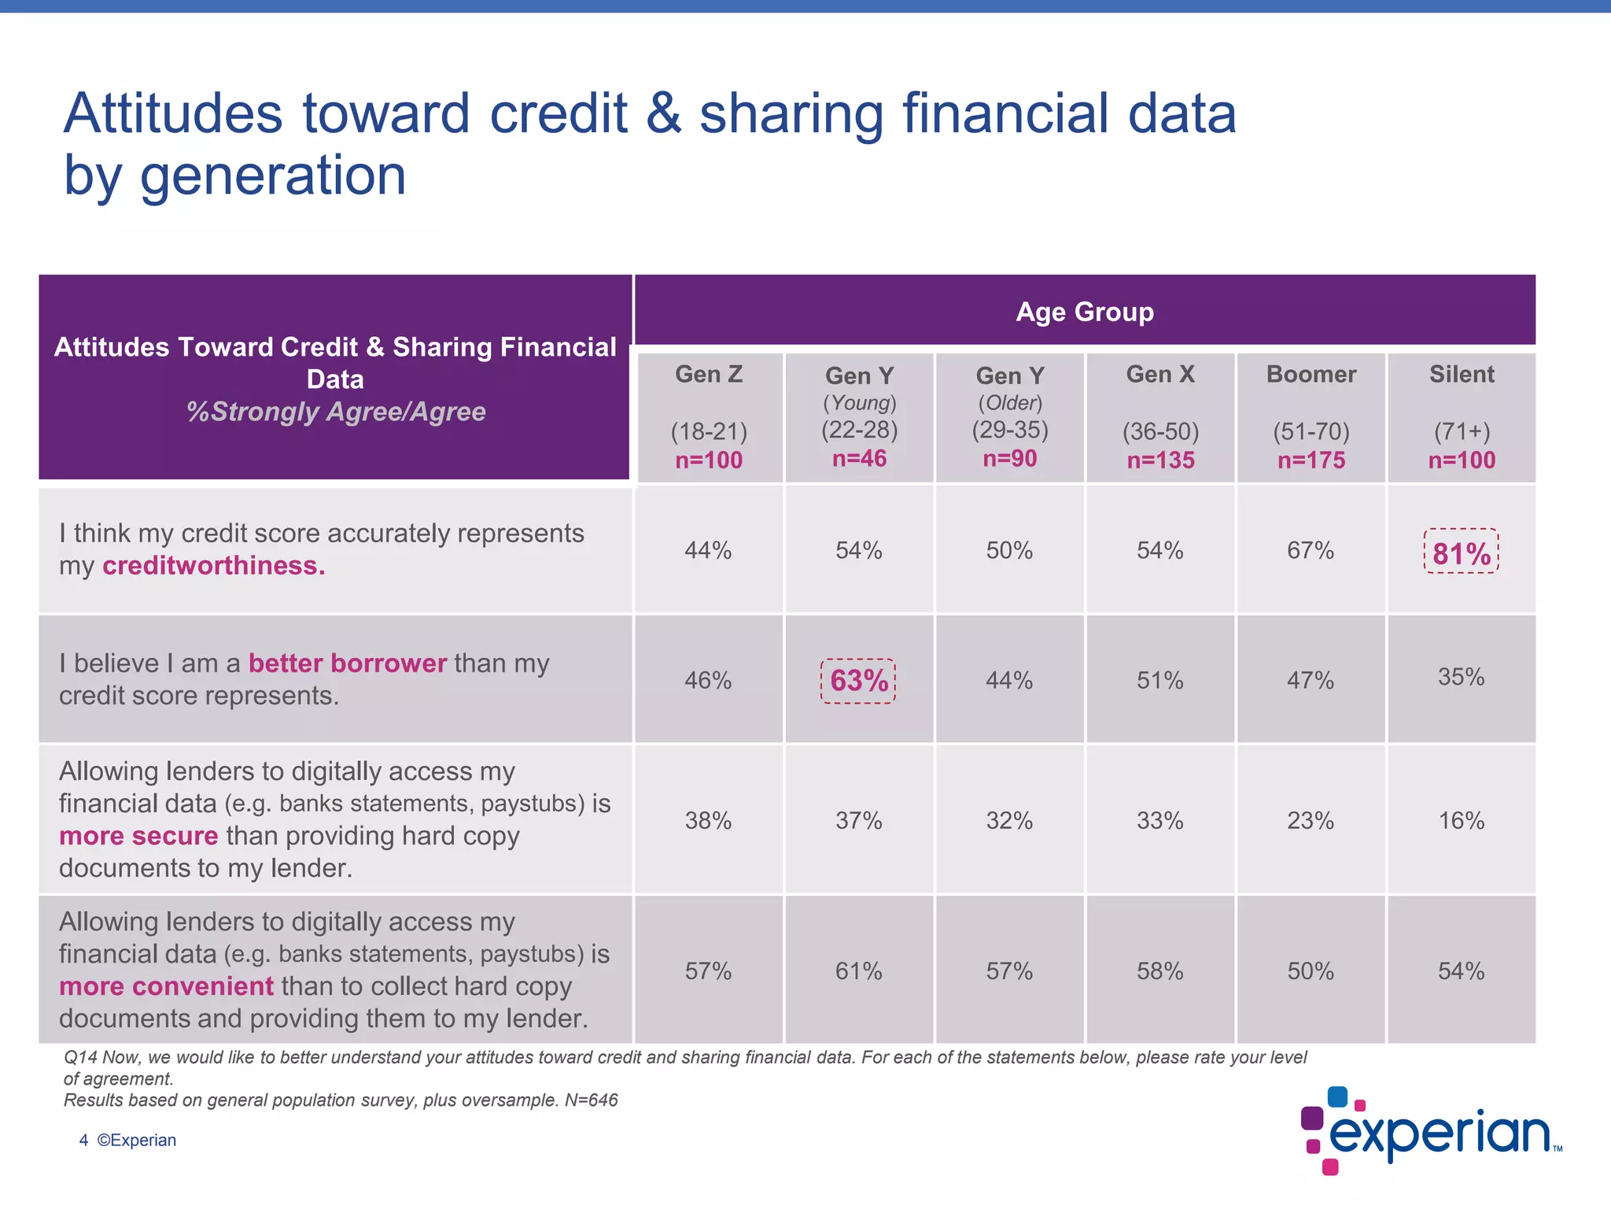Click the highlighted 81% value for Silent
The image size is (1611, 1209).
pos(1461,553)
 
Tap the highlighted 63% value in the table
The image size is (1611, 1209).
pos(858,681)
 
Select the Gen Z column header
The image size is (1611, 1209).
pos(708,375)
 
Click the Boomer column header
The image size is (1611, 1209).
pos(1311,375)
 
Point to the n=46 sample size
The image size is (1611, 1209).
pos(859,459)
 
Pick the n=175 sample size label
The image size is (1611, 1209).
pos(1311,460)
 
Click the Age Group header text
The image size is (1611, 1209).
pos(1084,312)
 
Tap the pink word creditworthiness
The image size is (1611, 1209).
pos(213,566)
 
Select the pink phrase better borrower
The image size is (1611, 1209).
pos(347,664)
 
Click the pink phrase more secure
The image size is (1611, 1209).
pos(138,836)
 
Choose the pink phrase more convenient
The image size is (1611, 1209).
pos(166,986)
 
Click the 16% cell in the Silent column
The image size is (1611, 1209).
pos(1461,821)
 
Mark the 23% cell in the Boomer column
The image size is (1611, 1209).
pos(1311,821)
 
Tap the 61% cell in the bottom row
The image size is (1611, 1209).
pos(858,971)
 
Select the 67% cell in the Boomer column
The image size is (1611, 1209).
pos(1311,550)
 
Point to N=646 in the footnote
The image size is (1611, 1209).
pos(591,1100)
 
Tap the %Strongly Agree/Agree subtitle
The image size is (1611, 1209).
pos(336,412)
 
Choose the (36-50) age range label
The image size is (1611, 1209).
pos(1160,431)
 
